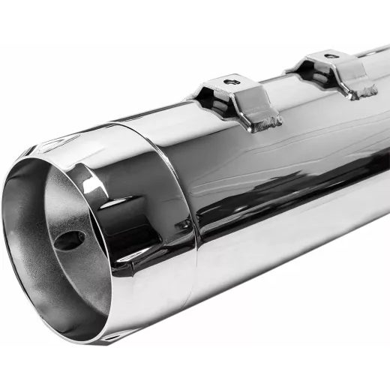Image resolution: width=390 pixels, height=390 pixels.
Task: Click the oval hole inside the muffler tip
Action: tap(70, 240)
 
